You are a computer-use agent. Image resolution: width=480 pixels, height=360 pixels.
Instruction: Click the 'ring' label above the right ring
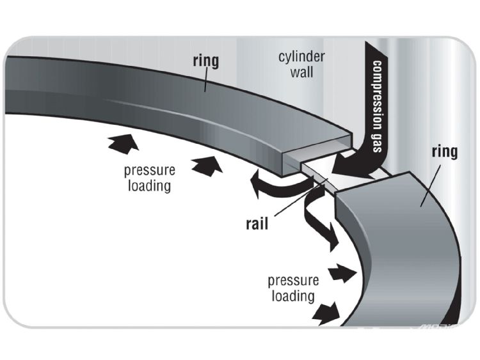coord(444,153)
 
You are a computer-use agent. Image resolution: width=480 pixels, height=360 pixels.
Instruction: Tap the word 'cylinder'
coord(301,56)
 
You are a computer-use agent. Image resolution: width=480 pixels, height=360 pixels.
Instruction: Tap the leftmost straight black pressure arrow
coord(124,144)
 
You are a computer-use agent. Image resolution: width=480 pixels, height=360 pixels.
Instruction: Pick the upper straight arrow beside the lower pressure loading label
coord(341,273)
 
